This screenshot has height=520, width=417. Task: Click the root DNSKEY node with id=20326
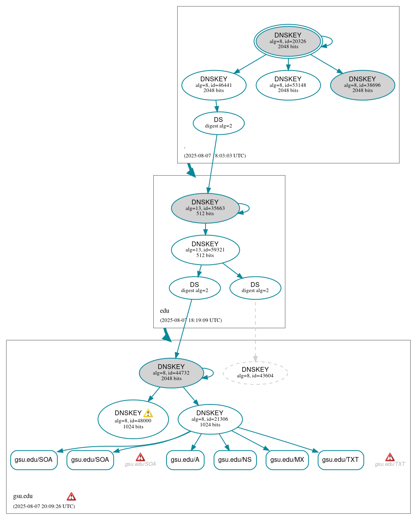[x=288, y=41]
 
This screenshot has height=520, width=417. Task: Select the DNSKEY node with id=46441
[x=214, y=85]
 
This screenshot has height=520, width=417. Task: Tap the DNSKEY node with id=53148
[x=288, y=85]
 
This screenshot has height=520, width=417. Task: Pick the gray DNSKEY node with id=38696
[x=362, y=85]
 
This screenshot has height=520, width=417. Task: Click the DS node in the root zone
[x=218, y=123]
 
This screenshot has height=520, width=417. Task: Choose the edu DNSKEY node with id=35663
[x=205, y=208]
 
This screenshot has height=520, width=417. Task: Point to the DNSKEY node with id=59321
[x=205, y=250]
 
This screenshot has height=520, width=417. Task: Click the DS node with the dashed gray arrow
[x=255, y=288]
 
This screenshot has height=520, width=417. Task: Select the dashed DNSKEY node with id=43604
[x=255, y=373]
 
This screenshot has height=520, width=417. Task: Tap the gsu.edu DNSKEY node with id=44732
[x=171, y=373]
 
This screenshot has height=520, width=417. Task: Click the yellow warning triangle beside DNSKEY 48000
[x=148, y=413]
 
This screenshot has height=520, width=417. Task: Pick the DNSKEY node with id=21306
[x=210, y=419]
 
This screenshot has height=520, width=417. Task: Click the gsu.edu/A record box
[x=185, y=460]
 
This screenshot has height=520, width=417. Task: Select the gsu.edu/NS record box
[x=235, y=460]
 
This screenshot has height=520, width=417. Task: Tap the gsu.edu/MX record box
[x=287, y=460]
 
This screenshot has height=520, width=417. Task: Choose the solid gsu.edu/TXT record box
[x=341, y=460]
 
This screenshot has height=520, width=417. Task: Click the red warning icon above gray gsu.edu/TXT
[x=390, y=457]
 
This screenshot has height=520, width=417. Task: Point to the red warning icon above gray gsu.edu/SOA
[x=140, y=457]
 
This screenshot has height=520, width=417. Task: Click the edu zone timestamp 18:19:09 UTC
[x=191, y=320]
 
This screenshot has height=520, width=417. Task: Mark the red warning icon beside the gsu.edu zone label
[x=71, y=496]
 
